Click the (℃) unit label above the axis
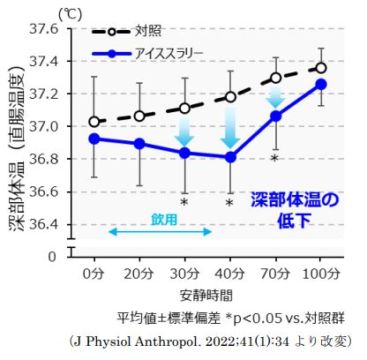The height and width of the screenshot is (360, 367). pos(68,12)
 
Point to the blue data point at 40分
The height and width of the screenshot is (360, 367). pos(230,157)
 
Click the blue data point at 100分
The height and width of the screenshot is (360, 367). pos(321,84)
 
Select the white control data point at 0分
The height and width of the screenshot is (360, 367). pos(94,122)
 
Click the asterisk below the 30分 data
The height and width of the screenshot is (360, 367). pos(184,203)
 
